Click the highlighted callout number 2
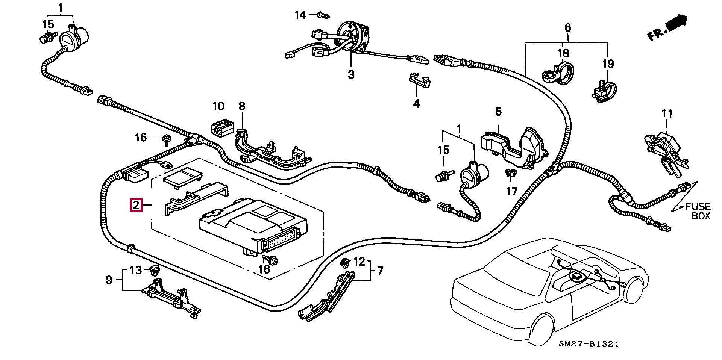[x=136, y=205]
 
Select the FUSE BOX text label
[x=697, y=211]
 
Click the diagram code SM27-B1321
[x=589, y=344]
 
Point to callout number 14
[x=300, y=15]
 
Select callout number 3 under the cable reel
[x=351, y=74]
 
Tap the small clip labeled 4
[x=419, y=80]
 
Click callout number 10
[x=218, y=106]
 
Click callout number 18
[x=563, y=53]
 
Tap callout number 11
[x=667, y=113]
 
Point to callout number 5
[x=498, y=112]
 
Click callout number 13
[x=136, y=270]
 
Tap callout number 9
[x=109, y=280]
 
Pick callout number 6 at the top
[x=568, y=27]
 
